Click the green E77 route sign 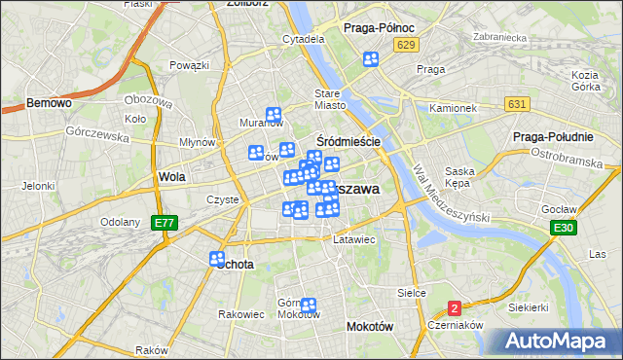pos(165,223)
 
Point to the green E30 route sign pos(562,228)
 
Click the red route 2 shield pos(454,308)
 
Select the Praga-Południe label pos(553,137)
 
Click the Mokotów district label pos(370,327)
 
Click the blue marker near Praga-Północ pos(371,60)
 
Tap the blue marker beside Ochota pos(217,259)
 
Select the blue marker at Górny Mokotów pos(309,306)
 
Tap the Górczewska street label pos(97,135)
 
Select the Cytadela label pos(303,39)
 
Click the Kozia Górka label pos(585,81)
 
